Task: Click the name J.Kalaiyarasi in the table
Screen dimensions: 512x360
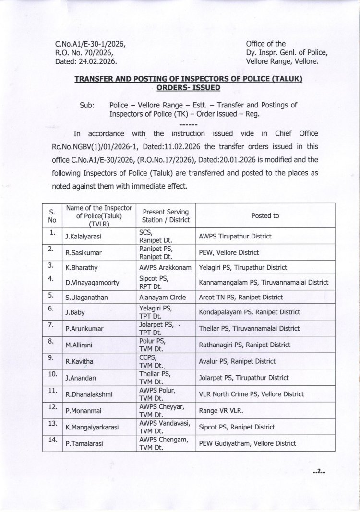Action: click(87, 237)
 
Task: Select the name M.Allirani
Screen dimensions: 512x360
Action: click(83, 345)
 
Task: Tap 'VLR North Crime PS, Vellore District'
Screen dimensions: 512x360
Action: click(251, 394)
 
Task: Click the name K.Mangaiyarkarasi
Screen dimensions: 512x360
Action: click(95, 427)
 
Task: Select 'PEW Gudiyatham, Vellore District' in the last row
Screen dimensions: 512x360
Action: click(247, 444)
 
